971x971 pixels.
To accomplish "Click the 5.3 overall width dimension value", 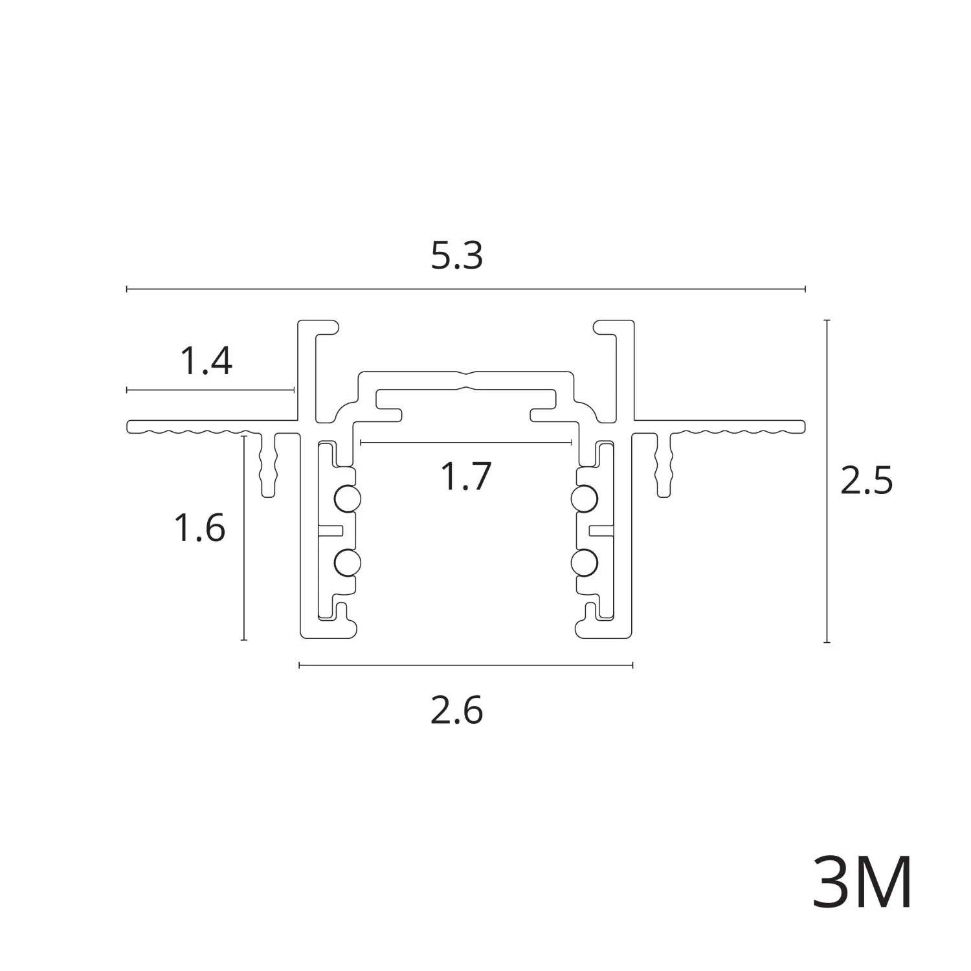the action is (x=457, y=257).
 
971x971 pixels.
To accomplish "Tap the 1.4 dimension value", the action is (x=206, y=361).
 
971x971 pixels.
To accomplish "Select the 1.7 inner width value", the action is (x=466, y=476).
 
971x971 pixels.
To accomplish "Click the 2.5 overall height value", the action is (x=866, y=481).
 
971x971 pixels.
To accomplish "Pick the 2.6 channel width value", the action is (x=457, y=711).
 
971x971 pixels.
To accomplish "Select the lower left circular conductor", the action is (x=347, y=563).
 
